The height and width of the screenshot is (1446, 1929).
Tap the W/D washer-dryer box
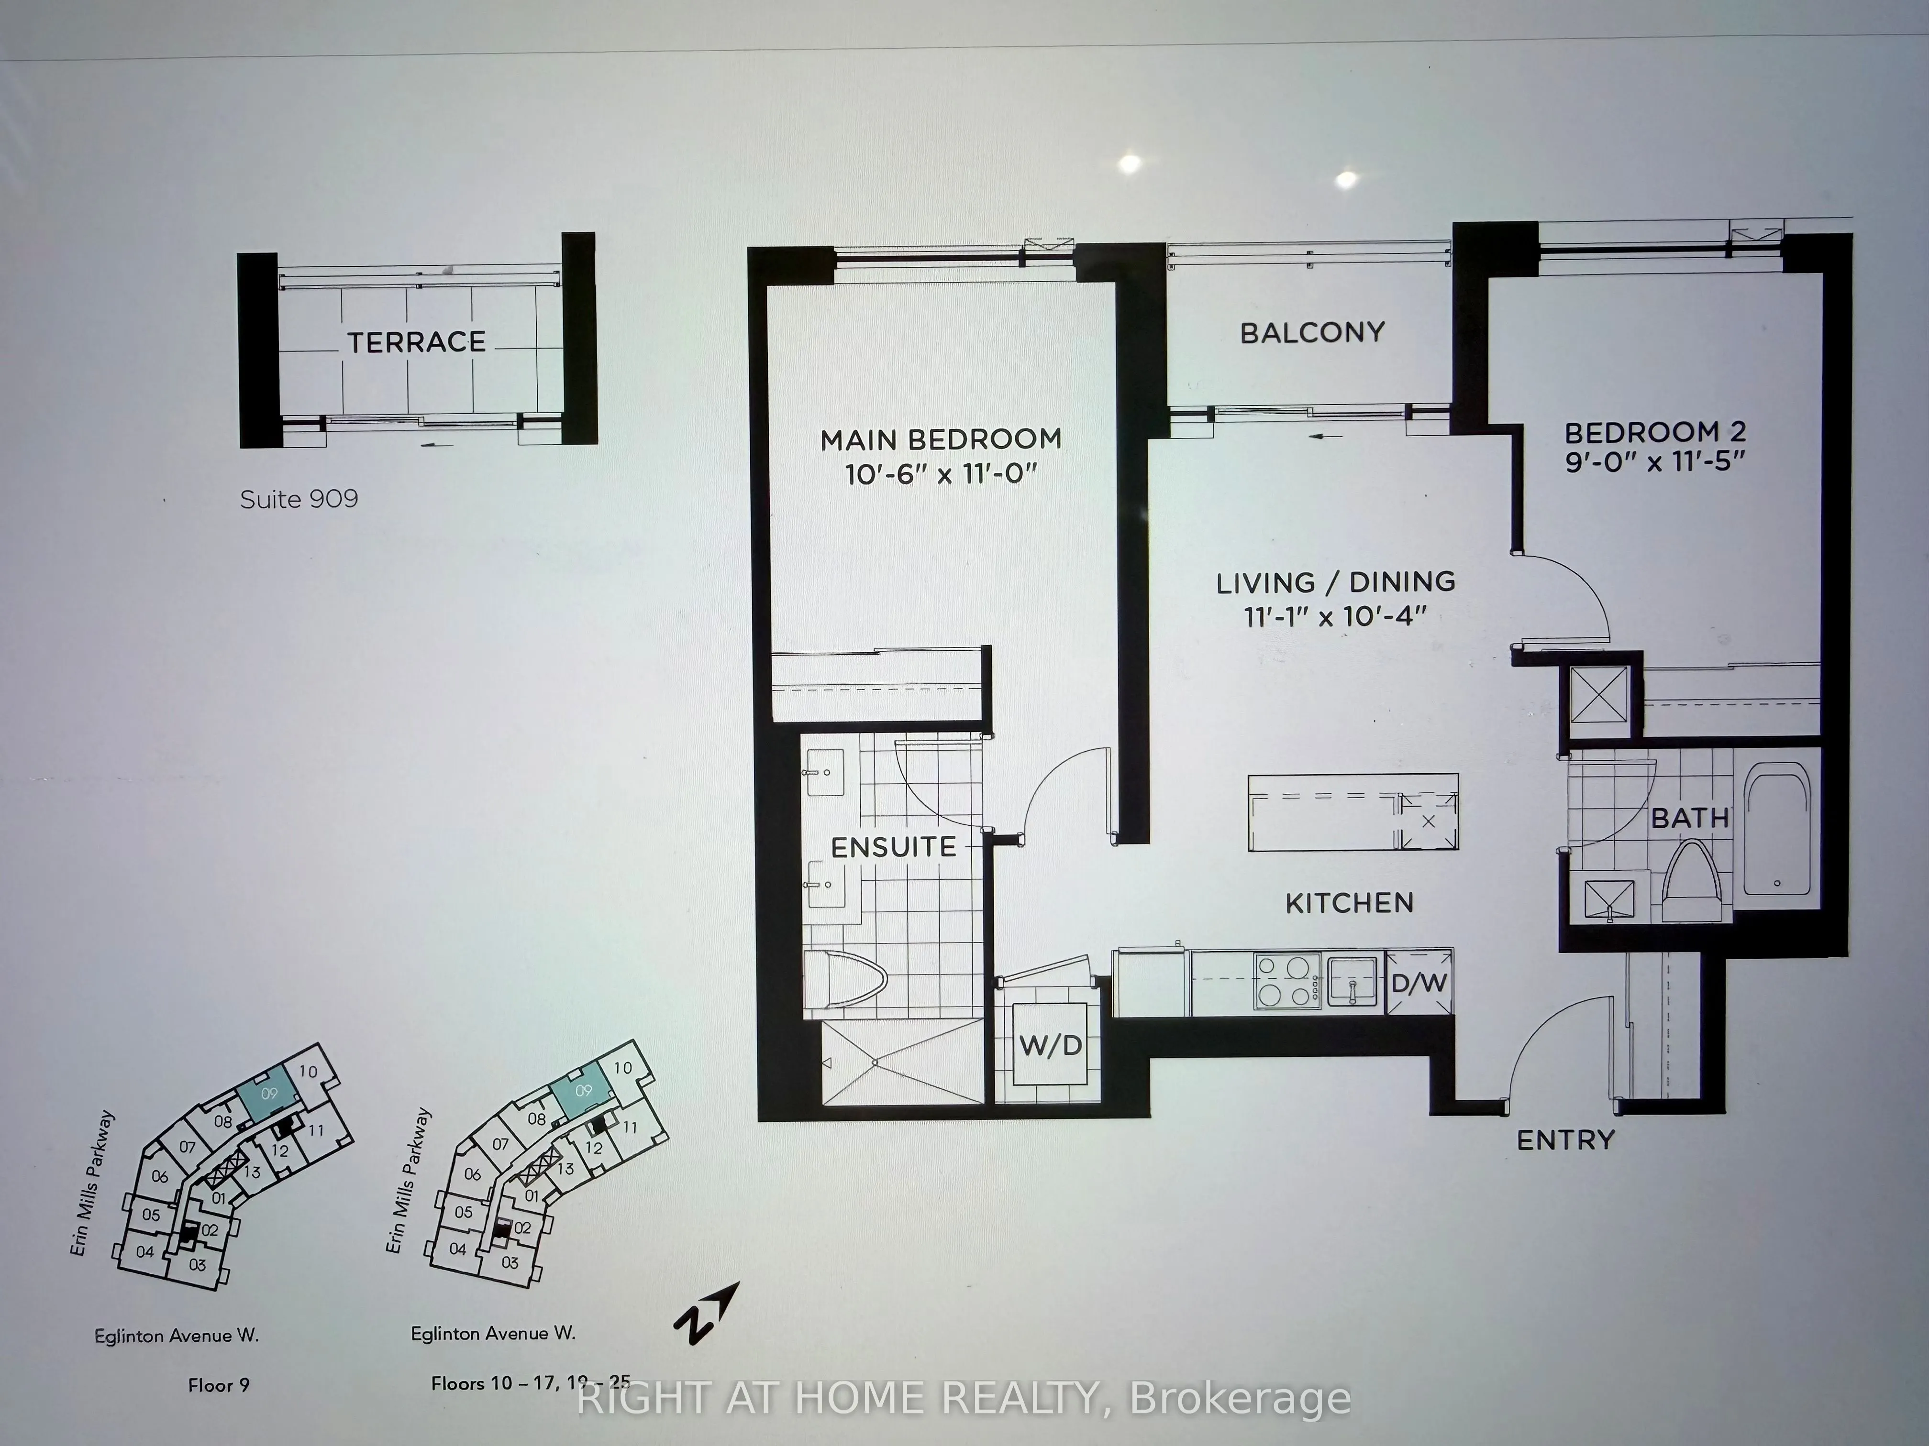coord(1050,1045)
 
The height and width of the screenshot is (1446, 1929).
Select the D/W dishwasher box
coord(1419,983)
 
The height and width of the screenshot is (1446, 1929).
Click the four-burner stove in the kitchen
coord(1286,981)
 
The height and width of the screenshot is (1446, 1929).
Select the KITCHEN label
coord(1349,903)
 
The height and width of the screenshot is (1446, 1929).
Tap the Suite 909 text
coord(298,499)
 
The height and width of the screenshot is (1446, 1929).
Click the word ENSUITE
coord(894,847)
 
